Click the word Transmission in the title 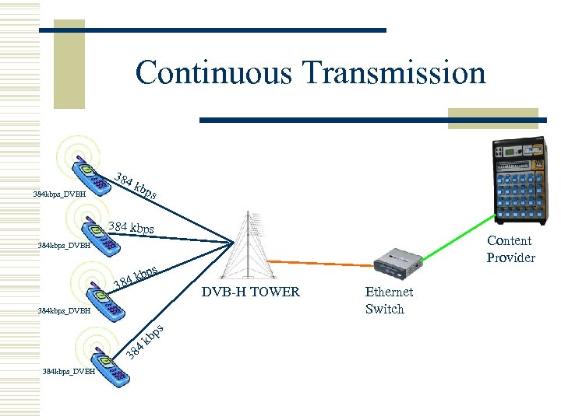(x=396, y=74)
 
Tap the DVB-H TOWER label (x=250, y=293)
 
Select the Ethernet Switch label (x=389, y=300)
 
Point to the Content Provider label (x=510, y=249)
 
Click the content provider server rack (x=516, y=180)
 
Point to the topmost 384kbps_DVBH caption (x=59, y=194)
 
